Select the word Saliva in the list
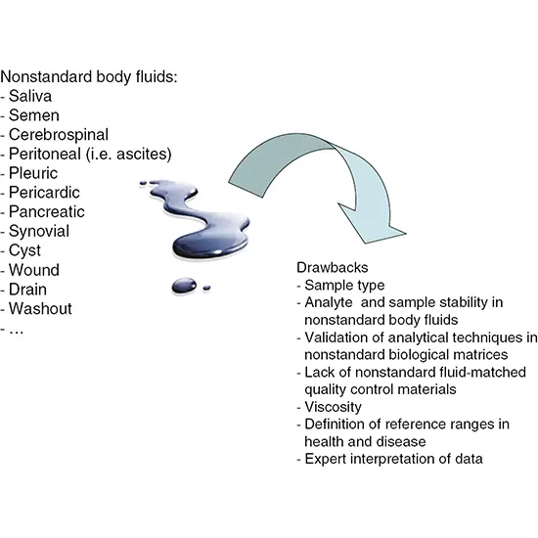(32, 95)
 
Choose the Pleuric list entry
(35, 173)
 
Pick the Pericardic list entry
(45, 193)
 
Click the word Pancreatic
(47, 211)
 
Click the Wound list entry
(34, 270)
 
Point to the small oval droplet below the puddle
(184, 286)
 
